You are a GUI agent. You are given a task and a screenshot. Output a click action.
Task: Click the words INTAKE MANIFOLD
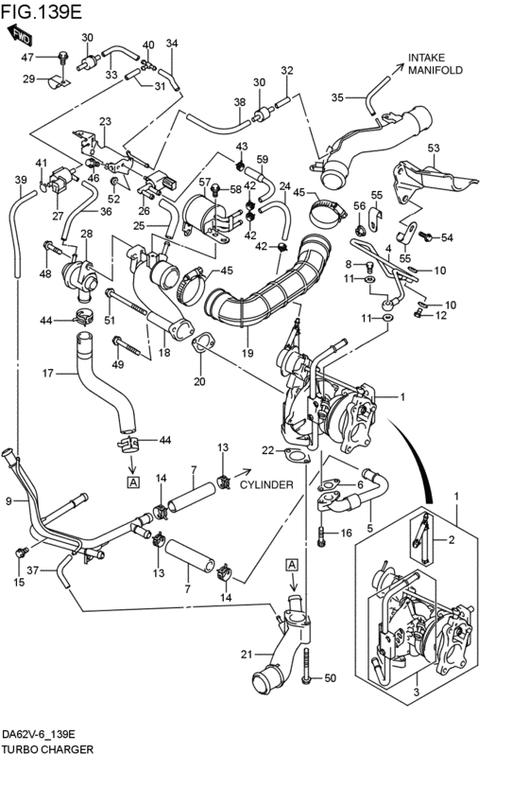click(x=434, y=63)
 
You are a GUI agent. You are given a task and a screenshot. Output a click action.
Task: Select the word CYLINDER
click(x=265, y=484)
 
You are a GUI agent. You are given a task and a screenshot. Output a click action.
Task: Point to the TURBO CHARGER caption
click(x=47, y=748)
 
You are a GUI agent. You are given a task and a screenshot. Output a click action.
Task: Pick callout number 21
click(x=247, y=655)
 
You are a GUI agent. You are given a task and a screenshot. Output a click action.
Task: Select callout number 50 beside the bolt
click(x=330, y=678)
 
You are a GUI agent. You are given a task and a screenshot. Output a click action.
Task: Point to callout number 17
click(x=46, y=373)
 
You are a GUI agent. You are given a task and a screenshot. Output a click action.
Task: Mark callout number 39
click(x=21, y=180)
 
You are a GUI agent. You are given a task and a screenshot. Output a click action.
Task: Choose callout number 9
click(x=9, y=500)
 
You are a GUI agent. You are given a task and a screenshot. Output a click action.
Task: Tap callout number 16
click(x=346, y=534)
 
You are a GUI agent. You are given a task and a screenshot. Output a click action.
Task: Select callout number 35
click(x=337, y=96)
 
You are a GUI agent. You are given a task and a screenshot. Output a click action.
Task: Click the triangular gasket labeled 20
click(x=201, y=342)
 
